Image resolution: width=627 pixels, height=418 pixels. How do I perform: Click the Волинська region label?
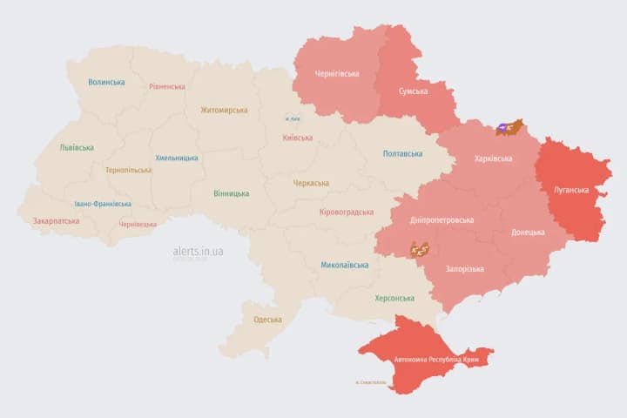click(x=106, y=82)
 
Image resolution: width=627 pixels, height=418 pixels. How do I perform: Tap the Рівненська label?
click(x=166, y=86)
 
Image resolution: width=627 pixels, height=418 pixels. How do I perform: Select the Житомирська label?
click(x=224, y=110)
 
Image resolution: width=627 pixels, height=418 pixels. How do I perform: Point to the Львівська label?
click(x=77, y=147)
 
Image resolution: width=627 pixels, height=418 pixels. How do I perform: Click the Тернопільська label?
click(x=128, y=170)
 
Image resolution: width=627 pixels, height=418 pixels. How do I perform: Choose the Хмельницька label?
click(x=176, y=158)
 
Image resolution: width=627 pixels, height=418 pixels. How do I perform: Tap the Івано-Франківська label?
click(x=103, y=204)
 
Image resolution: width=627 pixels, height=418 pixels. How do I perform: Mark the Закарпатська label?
click(x=56, y=220)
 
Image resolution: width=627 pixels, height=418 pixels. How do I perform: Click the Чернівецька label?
click(x=138, y=224)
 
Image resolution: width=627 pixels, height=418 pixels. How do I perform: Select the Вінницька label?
click(x=231, y=193)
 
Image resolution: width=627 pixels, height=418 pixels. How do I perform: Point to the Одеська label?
click(x=267, y=320)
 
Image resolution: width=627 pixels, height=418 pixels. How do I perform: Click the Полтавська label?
click(x=402, y=153)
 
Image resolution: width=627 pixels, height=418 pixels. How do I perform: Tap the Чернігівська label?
click(x=336, y=73)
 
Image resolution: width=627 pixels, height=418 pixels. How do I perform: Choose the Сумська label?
click(x=412, y=91)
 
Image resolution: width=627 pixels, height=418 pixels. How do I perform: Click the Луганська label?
click(x=571, y=189)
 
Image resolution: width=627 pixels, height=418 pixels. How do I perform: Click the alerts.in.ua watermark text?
click(x=198, y=251)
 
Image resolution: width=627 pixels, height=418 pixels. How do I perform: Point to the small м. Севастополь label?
click(x=373, y=382)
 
